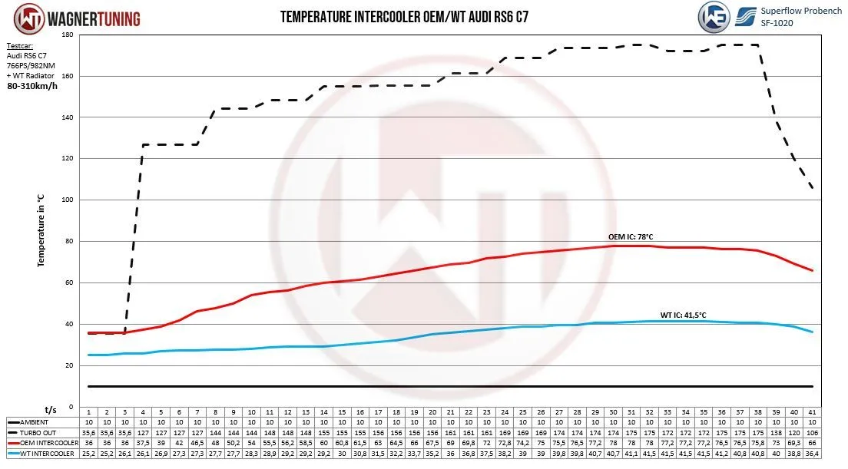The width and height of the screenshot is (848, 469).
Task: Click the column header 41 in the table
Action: coord(813,411)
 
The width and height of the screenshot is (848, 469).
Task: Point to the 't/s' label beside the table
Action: coord(51,410)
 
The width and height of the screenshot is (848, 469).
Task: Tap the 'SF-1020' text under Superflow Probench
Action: coord(777,22)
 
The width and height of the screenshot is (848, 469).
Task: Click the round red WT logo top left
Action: coord(18,18)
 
